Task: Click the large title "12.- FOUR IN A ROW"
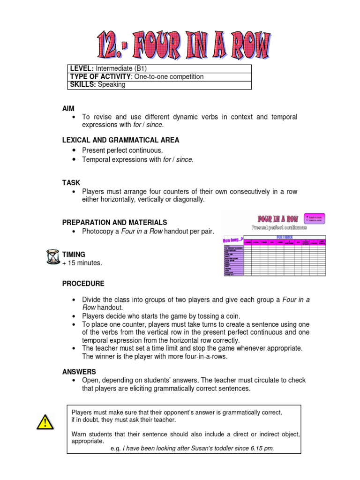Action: tap(184, 46)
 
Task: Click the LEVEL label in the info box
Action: tap(82, 68)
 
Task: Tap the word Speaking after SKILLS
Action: tap(112, 85)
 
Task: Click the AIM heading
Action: tap(68, 108)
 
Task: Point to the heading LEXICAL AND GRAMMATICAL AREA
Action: tap(120, 140)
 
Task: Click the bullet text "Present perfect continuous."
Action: tap(122, 150)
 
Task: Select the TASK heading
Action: tap(71, 182)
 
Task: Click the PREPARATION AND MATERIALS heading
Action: tap(114, 222)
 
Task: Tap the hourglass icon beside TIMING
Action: tap(53, 257)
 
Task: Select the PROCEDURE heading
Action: tap(83, 284)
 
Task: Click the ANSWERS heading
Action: tap(79, 371)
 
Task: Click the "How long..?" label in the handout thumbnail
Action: tap(233, 240)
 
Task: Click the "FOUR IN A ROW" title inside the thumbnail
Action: tap(277, 219)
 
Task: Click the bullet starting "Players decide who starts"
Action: tap(161, 316)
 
